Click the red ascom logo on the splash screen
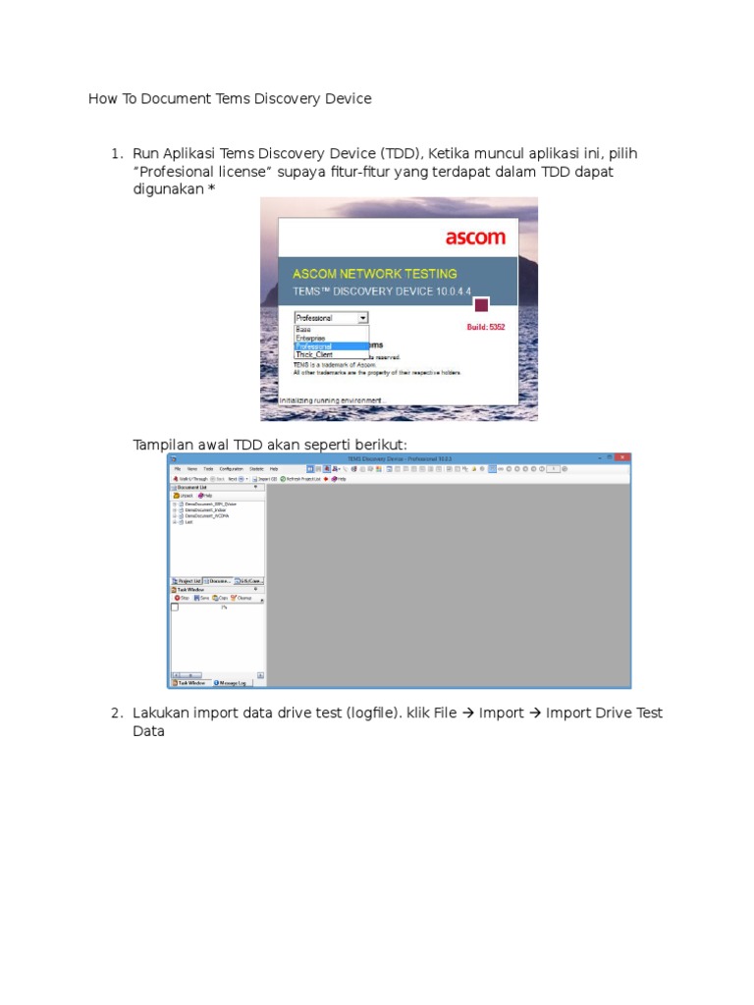pyautogui.click(x=475, y=238)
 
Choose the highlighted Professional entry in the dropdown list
pyautogui.click(x=314, y=345)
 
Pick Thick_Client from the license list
pyautogui.click(x=314, y=354)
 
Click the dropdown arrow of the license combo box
pyautogui.click(x=362, y=318)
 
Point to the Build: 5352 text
pyautogui.click(x=485, y=327)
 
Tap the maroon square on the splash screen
pyautogui.click(x=481, y=305)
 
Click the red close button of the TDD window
pyautogui.click(x=622, y=457)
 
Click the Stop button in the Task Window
pyautogui.click(x=182, y=597)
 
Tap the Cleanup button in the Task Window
pyautogui.click(x=241, y=597)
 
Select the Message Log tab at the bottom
pyautogui.click(x=230, y=682)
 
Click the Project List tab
pyautogui.click(x=187, y=581)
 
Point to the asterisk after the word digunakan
pyautogui.click(x=211, y=189)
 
